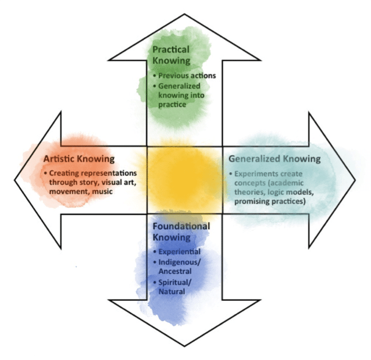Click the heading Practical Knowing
coord(171,56)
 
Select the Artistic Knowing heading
coord(79,158)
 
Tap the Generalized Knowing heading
coord(274,158)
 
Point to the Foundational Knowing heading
coord(181,231)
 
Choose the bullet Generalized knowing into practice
coord(178,95)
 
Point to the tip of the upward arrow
coord(185,16)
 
